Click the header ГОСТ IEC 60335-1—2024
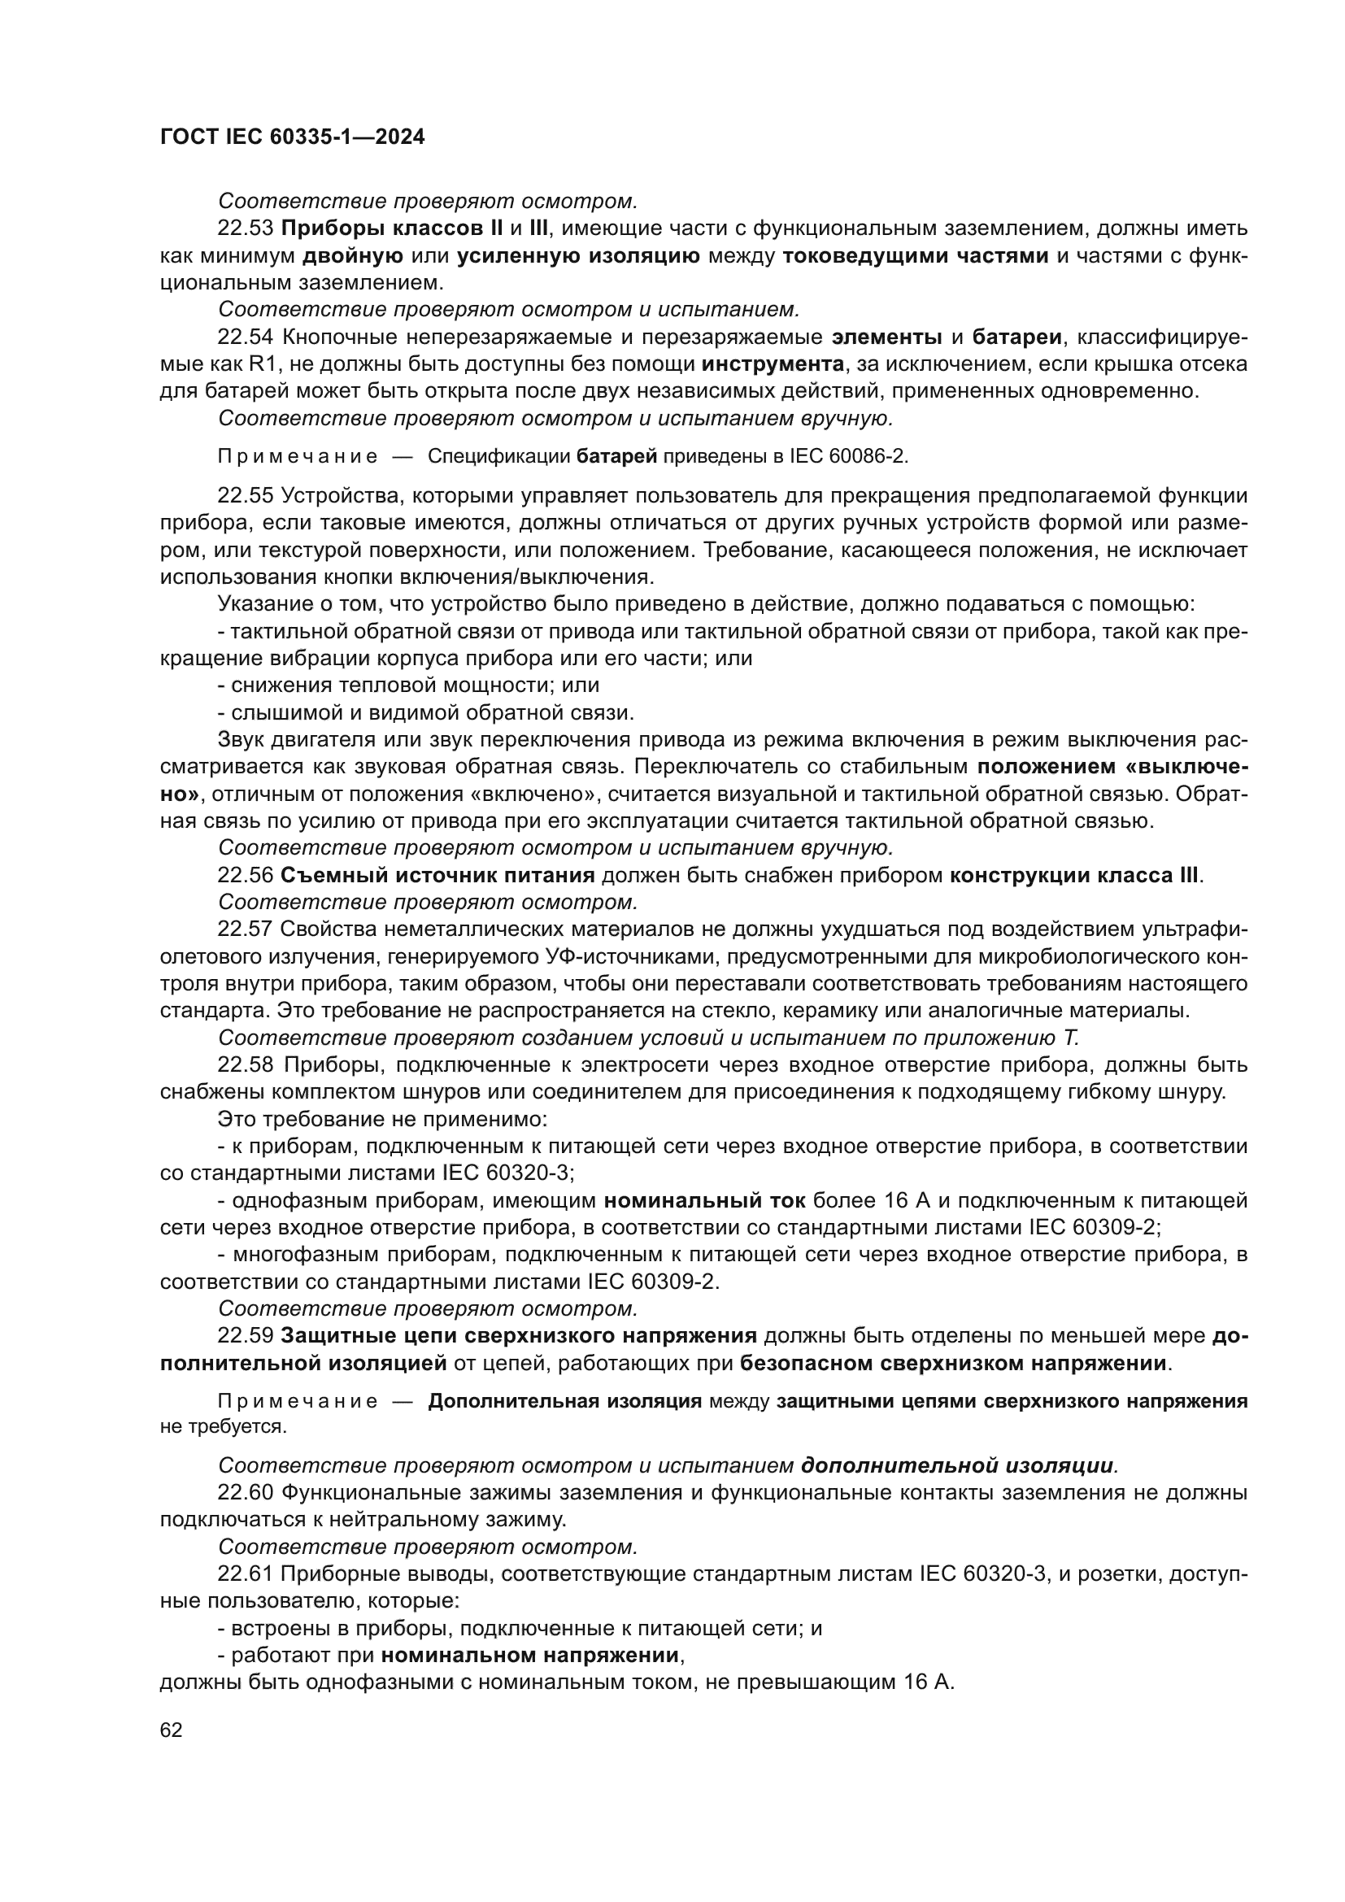[293, 137]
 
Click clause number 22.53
[245, 228]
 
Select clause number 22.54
[245, 337]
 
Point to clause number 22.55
[245, 495]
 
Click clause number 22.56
[245, 875]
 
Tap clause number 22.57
[245, 929]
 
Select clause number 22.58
[245, 1064]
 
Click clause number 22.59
[245, 1335]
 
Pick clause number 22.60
[245, 1493]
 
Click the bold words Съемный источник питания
[438, 875]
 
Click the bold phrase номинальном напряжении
[530, 1656]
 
